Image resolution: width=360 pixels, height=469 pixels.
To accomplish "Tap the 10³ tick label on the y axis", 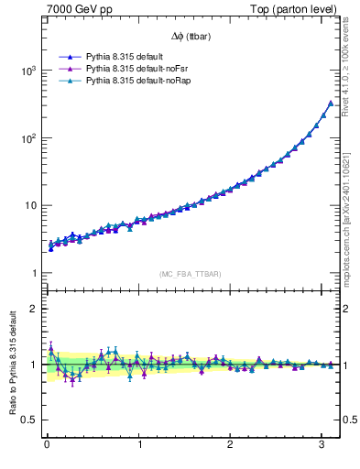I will coord(27,71).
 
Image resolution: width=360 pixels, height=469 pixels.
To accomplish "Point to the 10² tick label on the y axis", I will coord(27,138).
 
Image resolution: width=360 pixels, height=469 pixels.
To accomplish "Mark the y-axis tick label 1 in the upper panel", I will coord(32,274).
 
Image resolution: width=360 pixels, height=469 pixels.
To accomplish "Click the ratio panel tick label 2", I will coord(32,309).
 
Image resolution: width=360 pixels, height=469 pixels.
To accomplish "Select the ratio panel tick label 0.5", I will coord(27,420).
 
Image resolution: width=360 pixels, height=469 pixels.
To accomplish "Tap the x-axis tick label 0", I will coord(47,446).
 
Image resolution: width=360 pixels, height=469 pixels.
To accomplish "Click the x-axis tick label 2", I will coord(230,446).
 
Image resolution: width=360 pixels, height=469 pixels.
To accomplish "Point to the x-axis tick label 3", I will coord(322,446).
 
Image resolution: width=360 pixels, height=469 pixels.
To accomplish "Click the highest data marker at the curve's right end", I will coord(331,103).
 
